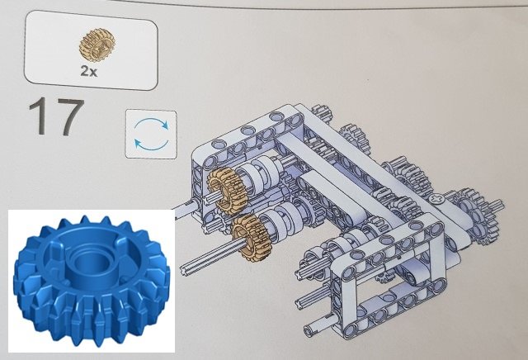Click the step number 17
coord(57,116)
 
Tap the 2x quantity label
coord(89,70)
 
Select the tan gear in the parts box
coord(97,45)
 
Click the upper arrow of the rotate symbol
coord(152,123)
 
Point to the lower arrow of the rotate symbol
coord(151,144)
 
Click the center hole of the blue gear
coord(89,266)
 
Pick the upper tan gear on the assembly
coord(227,187)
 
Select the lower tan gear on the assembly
coord(249,238)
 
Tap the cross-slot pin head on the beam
coord(437,200)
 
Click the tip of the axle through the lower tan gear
coord(184,270)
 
